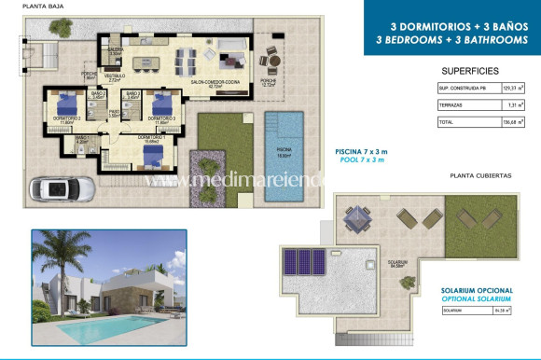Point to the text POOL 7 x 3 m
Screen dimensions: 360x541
click(359, 159)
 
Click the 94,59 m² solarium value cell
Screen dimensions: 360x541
click(512, 309)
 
